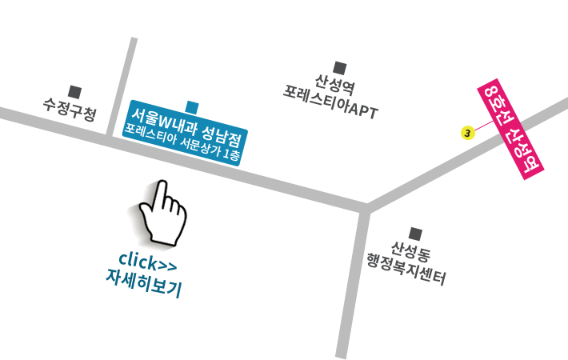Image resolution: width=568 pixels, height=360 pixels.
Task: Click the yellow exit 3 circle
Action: coord(468,133)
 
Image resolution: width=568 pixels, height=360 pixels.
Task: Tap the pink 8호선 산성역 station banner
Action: coord(510,129)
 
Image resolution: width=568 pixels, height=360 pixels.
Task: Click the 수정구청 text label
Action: coord(70,109)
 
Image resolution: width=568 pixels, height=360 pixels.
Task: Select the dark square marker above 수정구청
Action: coord(74,92)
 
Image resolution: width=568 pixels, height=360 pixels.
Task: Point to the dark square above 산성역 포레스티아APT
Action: coord(340,68)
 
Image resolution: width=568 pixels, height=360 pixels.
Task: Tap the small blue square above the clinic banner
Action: coord(192,108)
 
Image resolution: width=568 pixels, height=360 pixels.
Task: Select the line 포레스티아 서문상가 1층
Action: coord(182,142)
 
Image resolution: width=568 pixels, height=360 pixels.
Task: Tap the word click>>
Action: coord(148,262)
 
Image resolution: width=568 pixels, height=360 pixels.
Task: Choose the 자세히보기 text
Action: coord(144,283)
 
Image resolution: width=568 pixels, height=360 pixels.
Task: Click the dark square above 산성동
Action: coord(415,234)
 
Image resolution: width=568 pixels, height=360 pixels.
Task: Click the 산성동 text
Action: coord(410,251)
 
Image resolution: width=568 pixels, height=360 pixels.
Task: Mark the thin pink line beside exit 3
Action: coord(484,126)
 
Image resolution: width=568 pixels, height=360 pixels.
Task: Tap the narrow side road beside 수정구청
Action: coord(122,86)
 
